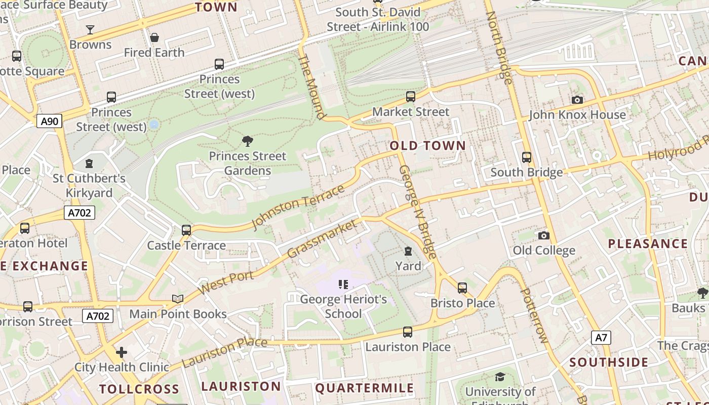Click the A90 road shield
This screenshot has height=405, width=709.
pos(49,121)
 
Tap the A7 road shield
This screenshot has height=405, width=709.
pos(601,338)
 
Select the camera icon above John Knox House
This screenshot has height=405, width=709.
pos(577,100)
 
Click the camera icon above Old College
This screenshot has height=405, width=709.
pos(543,235)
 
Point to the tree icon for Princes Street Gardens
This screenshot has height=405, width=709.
pos(248,141)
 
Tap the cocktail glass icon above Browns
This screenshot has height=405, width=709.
pos(90,30)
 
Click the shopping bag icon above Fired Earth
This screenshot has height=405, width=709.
pos(154,37)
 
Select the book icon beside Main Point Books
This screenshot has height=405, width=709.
pos(177,299)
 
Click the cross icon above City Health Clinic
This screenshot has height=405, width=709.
pos(122,352)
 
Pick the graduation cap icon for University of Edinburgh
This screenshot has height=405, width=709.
pos(500,377)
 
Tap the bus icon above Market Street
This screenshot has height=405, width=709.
pos(411,97)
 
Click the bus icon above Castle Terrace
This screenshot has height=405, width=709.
pos(186,230)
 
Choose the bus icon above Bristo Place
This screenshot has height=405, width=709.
pos(462,288)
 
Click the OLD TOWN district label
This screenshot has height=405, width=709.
pos(427,146)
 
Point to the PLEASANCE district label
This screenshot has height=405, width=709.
pos(648,244)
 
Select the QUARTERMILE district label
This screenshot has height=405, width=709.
pos(364,388)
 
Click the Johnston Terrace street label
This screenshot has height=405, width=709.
pos(298,208)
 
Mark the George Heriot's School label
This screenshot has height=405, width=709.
pos(343,306)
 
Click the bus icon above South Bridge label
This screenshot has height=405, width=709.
pos(527,157)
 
